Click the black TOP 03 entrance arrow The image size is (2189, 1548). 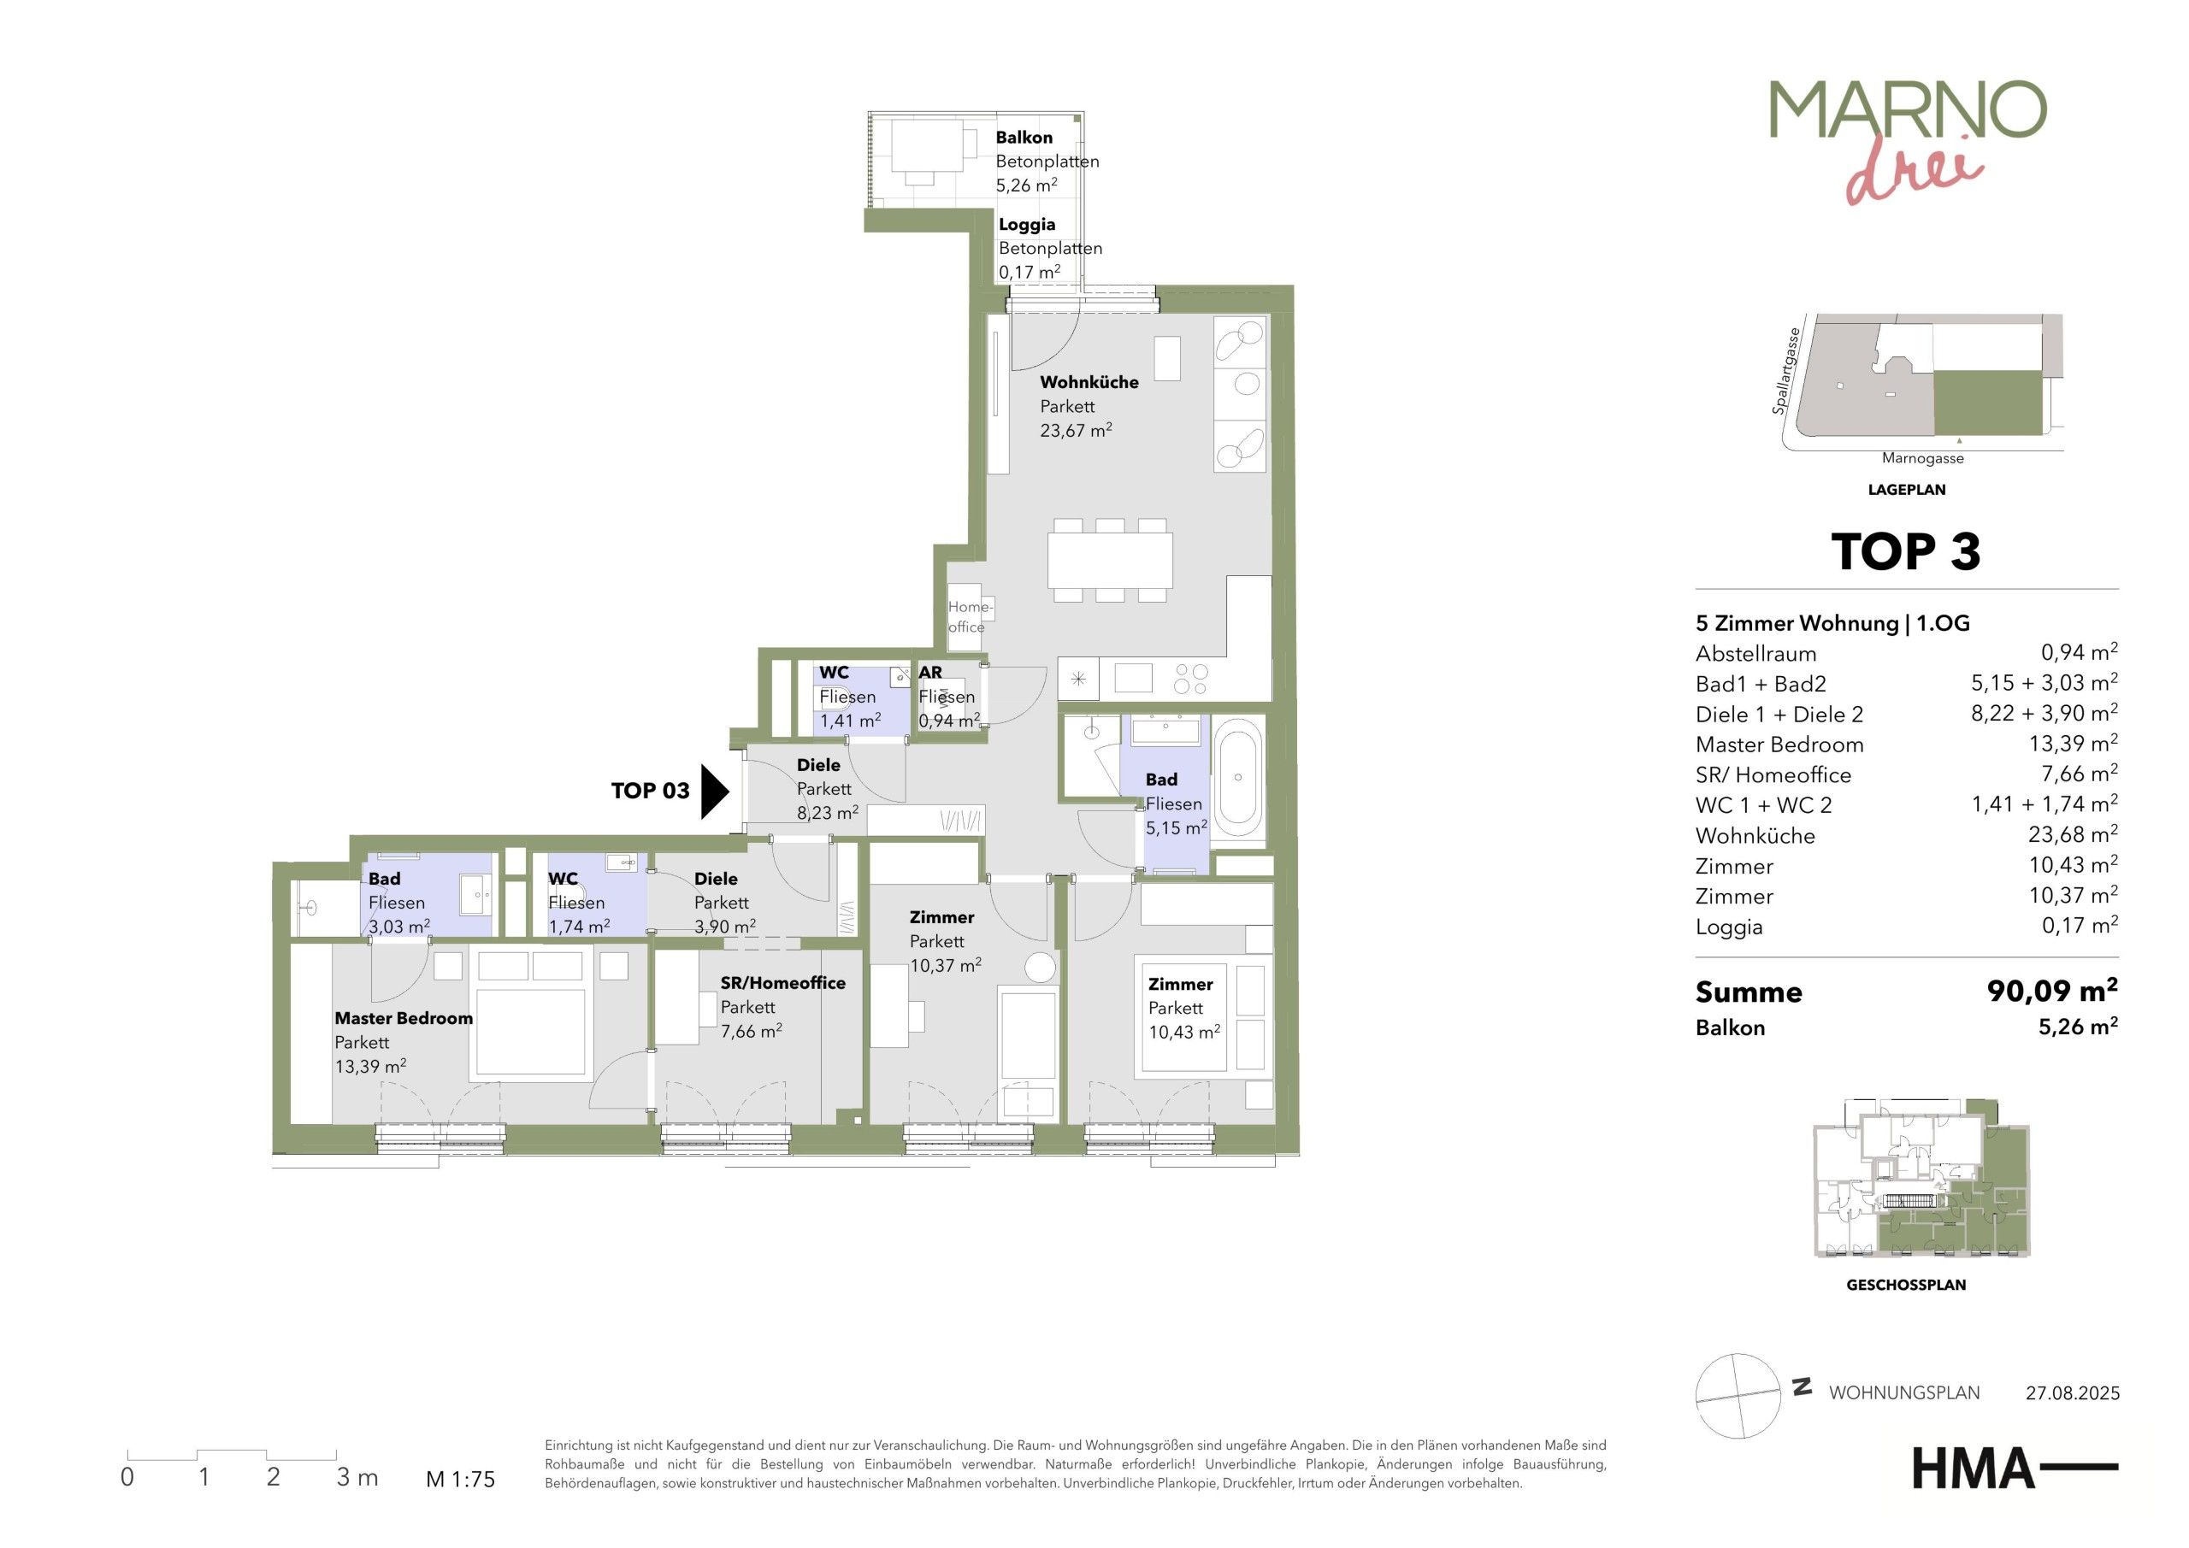(714, 792)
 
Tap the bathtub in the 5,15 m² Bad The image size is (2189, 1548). (1238, 778)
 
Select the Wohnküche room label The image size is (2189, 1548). (1089, 382)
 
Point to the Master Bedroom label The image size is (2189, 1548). (404, 1018)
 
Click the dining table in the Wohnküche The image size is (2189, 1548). (1110, 561)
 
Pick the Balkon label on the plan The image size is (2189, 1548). (1024, 138)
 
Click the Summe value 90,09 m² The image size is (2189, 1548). (2051, 992)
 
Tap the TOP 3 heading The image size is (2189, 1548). (1906, 551)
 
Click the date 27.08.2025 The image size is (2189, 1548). (2073, 1393)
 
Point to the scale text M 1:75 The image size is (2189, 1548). (461, 1480)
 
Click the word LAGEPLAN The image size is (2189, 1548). (1907, 490)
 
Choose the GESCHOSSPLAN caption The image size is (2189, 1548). (1906, 1285)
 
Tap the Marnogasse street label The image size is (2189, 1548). (1923, 458)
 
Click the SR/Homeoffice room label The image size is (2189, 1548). (782, 983)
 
